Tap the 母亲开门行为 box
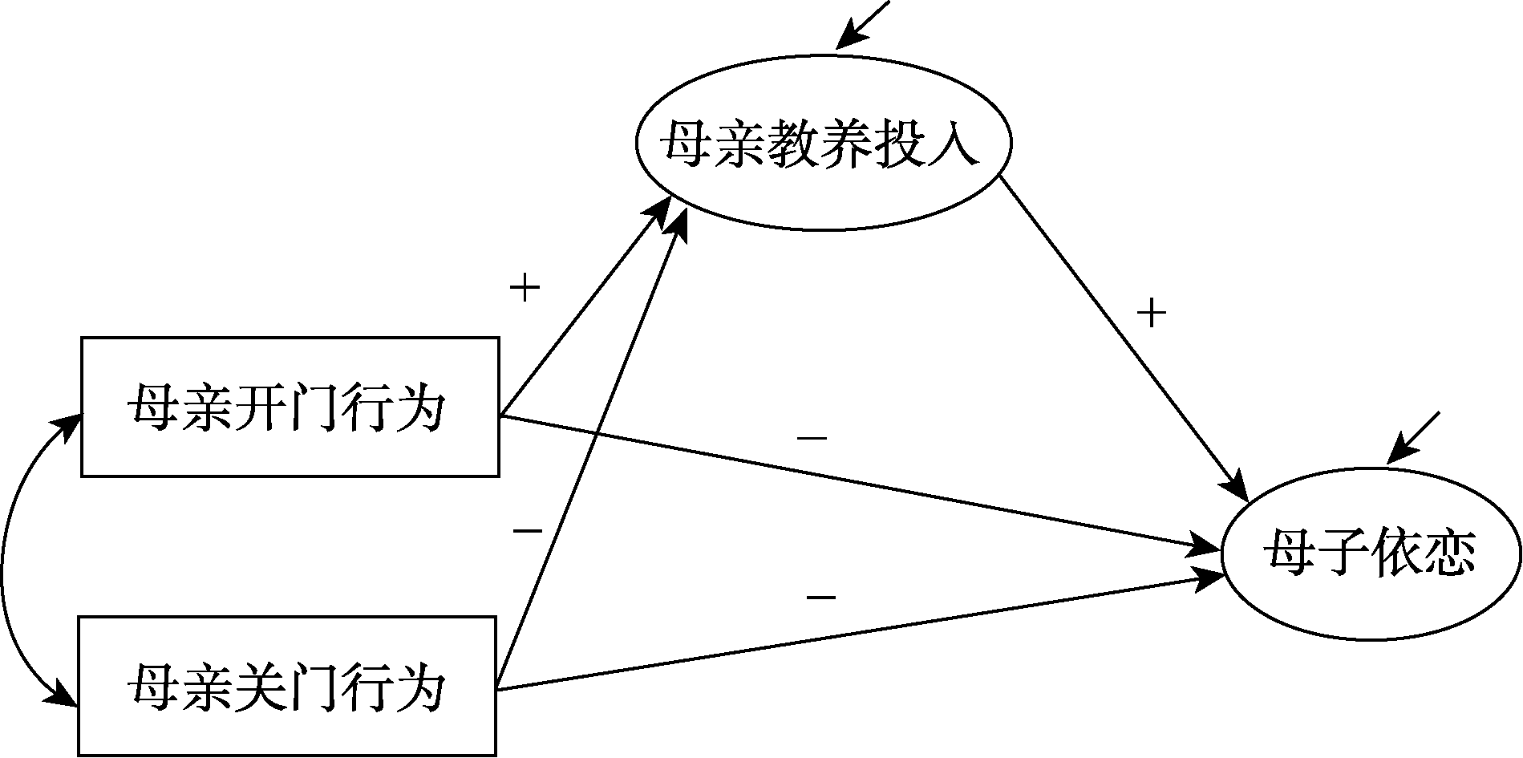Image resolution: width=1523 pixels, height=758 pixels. click(290, 407)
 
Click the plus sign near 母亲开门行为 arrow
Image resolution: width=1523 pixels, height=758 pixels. click(525, 288)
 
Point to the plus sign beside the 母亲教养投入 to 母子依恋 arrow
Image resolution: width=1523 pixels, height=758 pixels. click(1151, 313)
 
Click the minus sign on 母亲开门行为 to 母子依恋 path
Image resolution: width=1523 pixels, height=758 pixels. click(812, 439)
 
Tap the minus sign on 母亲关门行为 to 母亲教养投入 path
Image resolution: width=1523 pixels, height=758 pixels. click(527, 530)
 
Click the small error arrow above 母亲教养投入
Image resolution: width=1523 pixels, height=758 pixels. click(862, 23)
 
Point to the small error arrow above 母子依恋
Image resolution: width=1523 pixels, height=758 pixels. click(1413, 437)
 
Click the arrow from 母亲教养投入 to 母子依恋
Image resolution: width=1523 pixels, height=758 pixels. click(1123, 337)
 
